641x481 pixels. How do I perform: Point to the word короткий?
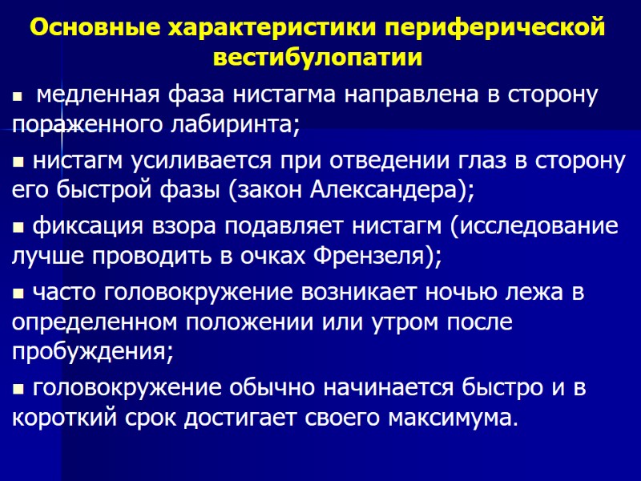[58, 418]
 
